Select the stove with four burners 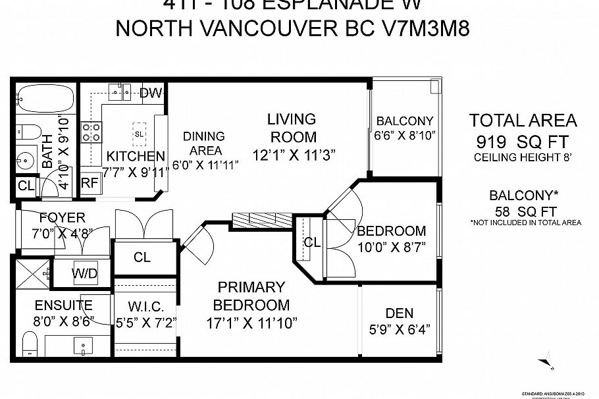point(91,132)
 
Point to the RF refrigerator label point(89,184)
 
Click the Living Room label point(292,128)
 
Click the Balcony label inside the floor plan point(405,121)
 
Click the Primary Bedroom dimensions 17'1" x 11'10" point(251,323)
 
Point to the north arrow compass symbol point(544,359)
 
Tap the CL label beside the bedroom point(312,242)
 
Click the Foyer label point(62,217)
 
